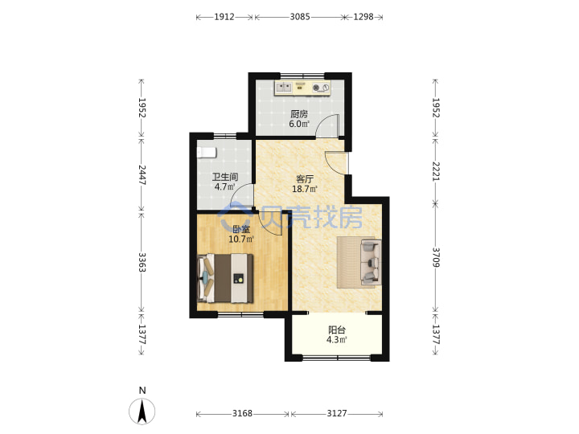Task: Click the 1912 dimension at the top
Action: pos(224,17)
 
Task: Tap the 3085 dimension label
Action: pos(300,17)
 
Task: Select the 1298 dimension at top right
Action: pos(363,17)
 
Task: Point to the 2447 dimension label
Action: pos(142,174)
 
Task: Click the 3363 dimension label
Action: pos(142,262)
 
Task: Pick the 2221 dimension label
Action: pos(436,172)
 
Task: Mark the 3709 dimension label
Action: pos(436,257)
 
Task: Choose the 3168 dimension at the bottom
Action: pos(242,413)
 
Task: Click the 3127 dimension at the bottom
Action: pos(337,413)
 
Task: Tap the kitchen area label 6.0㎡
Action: pos(299,124)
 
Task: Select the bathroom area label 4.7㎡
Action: pos(225,186)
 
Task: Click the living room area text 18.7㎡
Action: pos(305,190)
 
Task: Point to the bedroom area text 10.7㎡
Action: pos(241,240)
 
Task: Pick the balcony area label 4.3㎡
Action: pos(337,340)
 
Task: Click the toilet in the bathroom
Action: pos(207,153)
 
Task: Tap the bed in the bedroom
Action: pos(225,278)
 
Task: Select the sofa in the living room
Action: pos(371,262)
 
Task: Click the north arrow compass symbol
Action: pos(142,411)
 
